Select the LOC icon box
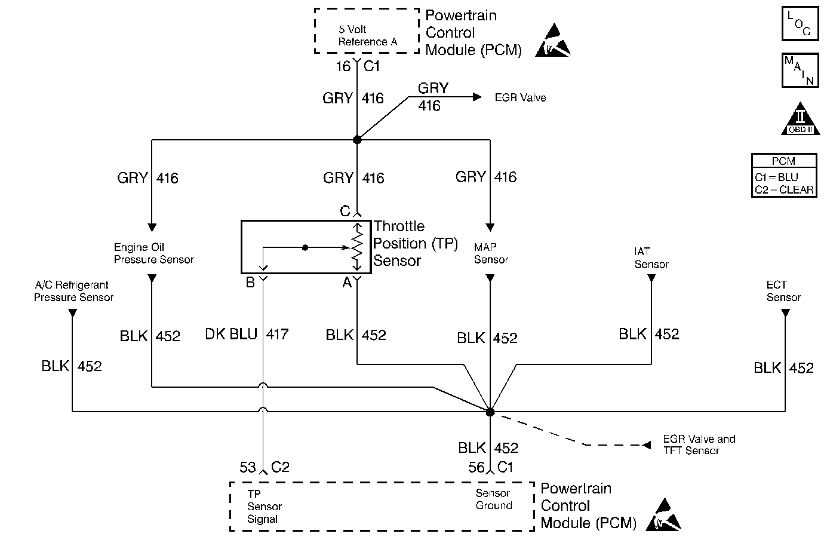pyautogui.click(x=800, y=24)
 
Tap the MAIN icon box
pyautogui.click(x=800, y=70)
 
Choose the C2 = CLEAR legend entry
pyautogui.click(x=783, y=190)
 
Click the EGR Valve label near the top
pyautogui.click(x=520, y=97)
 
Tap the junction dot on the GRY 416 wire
pyautogui.click(x=357, y=140)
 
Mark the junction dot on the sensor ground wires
pyautogui.click(x=490, y=412)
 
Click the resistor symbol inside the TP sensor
pyautogui.click(x=357, y=246)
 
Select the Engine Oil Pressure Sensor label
pyautogui.click(x=153, y=253)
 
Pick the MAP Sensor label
pyautogui.click(x=491, y=253)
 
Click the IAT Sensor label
pyautogui.click(x=651, y=258)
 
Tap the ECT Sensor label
pyautogui.click(x=783, y=291)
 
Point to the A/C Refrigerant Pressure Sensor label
pyautogui.click(x=73, y=292)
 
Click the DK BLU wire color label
pyautogui.click(x=230, y=335)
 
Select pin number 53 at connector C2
pyautogui.click(x=248, y=467)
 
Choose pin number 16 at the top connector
pyautogui.click(x=343, y=66)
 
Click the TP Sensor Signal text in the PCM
pyautogui.click(x=264, y=507)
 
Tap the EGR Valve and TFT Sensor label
pyautogui.click(x=699, y=445)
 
